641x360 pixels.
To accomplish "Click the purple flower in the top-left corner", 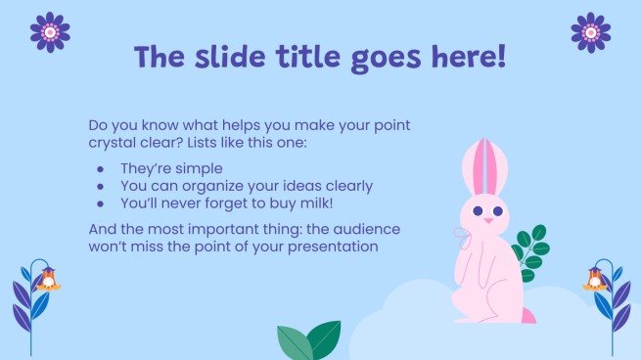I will (50, 32).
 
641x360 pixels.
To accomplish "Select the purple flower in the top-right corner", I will (590, 32).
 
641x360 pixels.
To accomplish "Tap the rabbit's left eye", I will (477, 210).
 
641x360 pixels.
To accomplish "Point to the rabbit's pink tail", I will (527, 316).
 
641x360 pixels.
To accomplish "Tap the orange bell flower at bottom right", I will (593, 282).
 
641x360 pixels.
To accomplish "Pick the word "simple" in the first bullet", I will (199, 168).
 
